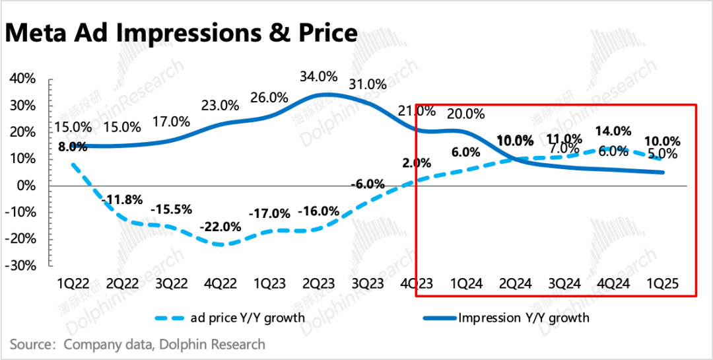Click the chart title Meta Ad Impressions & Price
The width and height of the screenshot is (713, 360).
(181, 32)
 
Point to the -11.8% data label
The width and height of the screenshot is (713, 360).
(122, 199)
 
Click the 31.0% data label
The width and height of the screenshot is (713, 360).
(368, 84)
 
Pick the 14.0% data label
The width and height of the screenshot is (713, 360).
(613, 131)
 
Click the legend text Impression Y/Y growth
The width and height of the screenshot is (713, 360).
(524, 318)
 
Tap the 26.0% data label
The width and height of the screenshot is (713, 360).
(269, 97)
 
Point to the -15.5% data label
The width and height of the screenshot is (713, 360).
(171, 209)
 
